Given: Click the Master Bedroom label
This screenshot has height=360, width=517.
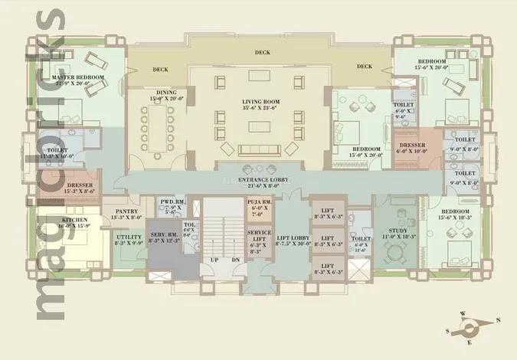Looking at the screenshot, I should click(x=77, y=78).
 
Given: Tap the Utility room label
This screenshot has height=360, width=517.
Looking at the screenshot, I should click(x=129, y=238).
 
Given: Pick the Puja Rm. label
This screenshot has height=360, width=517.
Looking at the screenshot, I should click(x=257, y=203).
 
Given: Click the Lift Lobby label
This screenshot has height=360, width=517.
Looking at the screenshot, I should click(x=293, y=239).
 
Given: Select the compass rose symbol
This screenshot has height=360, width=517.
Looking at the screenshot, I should click(x=470, y=326).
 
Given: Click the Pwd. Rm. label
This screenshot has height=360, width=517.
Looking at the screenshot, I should click(x=170, y=203).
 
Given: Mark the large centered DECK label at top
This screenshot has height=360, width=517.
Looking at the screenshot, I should click(x=262, y=53).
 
